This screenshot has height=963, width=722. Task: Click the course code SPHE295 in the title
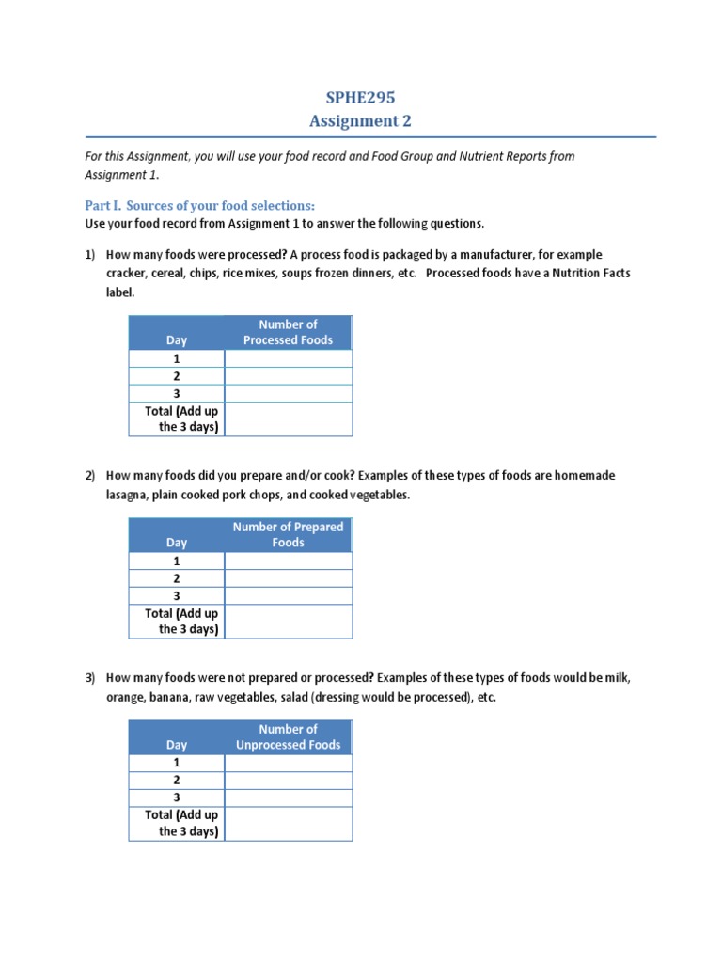coord(361,97)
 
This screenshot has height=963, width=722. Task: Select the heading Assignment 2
coord(361,120)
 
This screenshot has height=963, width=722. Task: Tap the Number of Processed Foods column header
coord(288,332)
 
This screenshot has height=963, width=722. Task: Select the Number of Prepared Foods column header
coord(288,534)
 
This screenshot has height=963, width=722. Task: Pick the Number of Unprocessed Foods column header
coord(288,736)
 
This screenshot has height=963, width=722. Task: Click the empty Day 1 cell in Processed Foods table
coord(288,358)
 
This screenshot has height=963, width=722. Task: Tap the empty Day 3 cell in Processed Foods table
coord(288,393)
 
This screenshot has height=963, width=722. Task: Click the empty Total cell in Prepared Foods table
coord(288,622)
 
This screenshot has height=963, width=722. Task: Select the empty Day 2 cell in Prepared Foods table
coord(288,578)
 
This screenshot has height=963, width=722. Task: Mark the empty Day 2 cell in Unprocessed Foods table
coord(288,781)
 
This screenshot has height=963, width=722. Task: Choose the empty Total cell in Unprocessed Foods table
coord(288,824)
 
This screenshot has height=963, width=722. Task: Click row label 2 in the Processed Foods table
coord(177,376)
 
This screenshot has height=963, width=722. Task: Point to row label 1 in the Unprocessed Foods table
coord(177,763)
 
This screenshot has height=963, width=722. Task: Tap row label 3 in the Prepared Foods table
coord(177,596)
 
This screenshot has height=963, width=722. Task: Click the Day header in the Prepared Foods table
coord(177,543)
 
